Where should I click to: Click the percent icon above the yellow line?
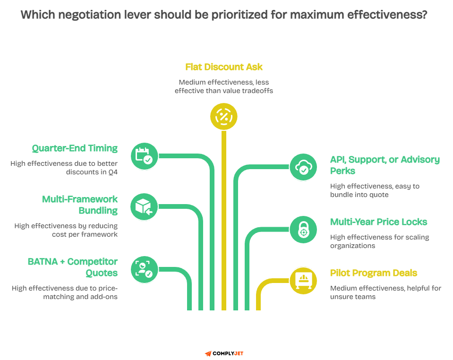pyautogui.click(x=223, y=116)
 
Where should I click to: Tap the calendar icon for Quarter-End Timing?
pyautogui.click(x=144, y=156)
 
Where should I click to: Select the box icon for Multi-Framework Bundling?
pyautogui.click(x=144, y=207)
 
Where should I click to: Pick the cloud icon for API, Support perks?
pyautogui.click(x=303, y=167)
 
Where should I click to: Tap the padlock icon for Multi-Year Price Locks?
pyautogui.click(x=303, y=230)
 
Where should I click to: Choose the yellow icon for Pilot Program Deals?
pyautogui.click(x=303, y=281)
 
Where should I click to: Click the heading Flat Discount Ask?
pyautogui.click(x=224, y=67)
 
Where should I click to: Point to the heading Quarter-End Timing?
pyautogui.click(x=75, y=148)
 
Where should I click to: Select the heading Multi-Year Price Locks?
pyautogui.click(x=378, y=222)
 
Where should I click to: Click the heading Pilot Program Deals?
pyautogui.click(x=373, y=273)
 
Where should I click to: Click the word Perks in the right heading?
pyautogui.click(x=343, y=171)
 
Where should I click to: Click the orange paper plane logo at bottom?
pyautogui.click(x=208, y=353)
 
